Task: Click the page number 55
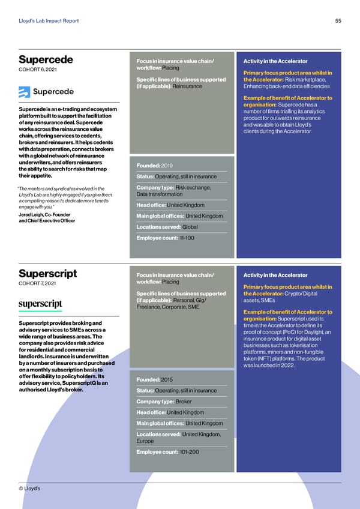coord(338,21)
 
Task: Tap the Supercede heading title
coord(46,59)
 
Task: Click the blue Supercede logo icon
coord(25,92)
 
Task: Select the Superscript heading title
coord(47,274)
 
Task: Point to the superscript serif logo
coord(40,304)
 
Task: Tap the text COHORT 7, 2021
coord(39,283)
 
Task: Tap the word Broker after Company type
coord(184,401)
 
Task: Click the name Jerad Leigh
coord(34,215)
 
